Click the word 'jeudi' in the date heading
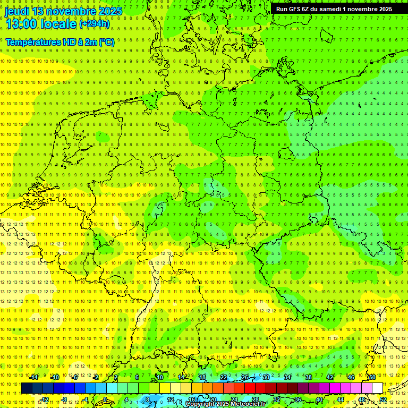pos(17,11)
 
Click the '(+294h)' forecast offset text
pos(94,24)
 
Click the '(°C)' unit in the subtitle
pos(106,42)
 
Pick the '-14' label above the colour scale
pos(34,377)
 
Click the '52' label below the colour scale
pos(383,399)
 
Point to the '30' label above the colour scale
pos(266,377)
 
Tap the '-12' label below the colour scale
pos(45,399)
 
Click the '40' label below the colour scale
pos(319,399)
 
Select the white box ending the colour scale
pos(377,388)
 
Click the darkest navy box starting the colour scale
pos(27,388)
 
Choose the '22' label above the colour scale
pos(224,377)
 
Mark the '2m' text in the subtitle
pos(90,42)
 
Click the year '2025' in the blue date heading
pos(109,11)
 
